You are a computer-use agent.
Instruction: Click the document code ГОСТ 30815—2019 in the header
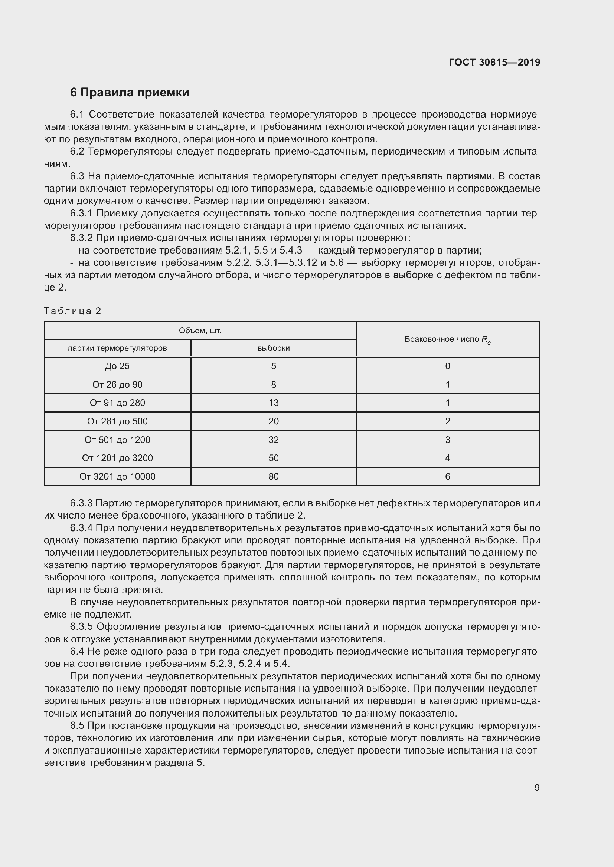[494, 62]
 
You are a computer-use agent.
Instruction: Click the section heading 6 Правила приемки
[129, 93]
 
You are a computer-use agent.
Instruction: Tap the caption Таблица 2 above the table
[73, 311]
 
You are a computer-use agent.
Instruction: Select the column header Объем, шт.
[200, 331]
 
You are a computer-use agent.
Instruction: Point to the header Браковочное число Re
[447, 339]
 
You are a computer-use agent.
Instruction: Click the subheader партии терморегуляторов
[117, 348]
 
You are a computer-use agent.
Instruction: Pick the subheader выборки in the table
[273, 348]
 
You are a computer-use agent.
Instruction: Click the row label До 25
[117, 366]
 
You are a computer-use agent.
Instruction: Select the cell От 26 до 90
[117, 384]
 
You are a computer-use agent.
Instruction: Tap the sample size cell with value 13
[273, 403]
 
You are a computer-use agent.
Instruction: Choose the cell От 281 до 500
[117, 421]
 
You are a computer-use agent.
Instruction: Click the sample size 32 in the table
[273, 440]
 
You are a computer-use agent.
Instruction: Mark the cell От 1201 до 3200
[117, 458]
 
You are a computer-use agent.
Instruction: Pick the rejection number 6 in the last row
[447, 476]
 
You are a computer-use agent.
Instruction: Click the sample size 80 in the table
[273, 476]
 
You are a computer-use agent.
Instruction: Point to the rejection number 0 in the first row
[447, 366]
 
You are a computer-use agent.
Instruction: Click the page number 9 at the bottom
[537, 787]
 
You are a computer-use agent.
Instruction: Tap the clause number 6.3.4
[81, 528]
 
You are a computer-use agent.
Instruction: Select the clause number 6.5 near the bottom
[77, 725]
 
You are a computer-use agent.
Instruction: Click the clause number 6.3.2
[81, 238]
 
